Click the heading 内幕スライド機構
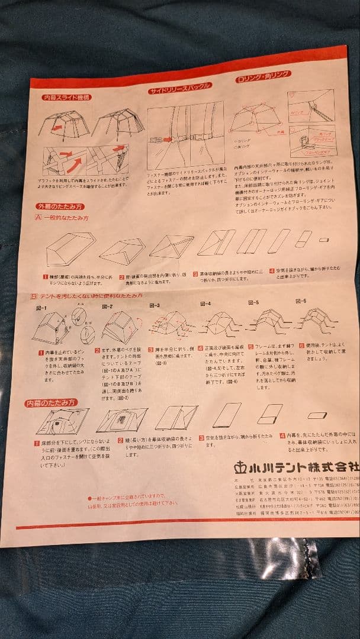(x=66, y=98)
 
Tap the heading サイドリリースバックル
(x=180, y=87)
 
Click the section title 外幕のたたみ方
(x=60, y=207)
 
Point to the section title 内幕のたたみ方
(x=52, y=403)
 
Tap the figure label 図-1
(x=41, y=308)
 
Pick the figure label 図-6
(x=301, y=301)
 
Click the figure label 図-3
(x=155, y=305)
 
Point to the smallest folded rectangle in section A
(x=324, y=240)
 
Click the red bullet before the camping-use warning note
(x=89, y=498)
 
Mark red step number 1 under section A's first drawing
(x=45, y=276)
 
